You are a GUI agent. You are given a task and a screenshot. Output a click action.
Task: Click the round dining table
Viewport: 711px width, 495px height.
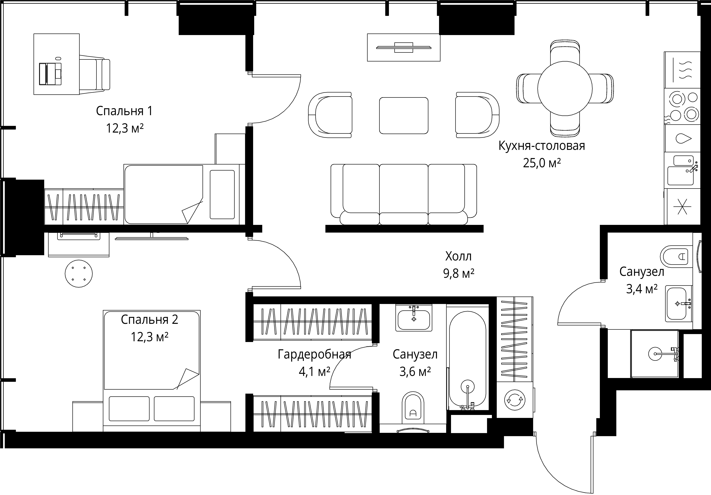click(565, 88)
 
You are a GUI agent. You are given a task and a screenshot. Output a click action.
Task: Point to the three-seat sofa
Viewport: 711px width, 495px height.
click(403, 194)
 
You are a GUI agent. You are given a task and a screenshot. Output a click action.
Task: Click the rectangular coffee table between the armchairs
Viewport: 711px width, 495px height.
click(403, 115)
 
